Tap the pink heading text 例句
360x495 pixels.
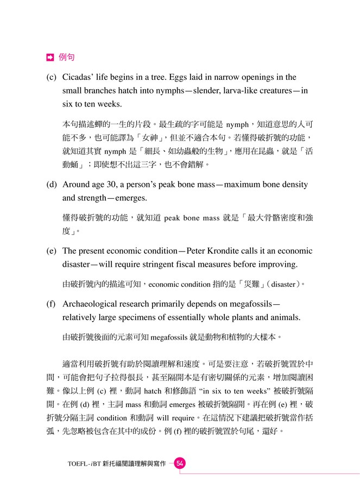[66, 56]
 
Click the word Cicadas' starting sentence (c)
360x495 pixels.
[80, 77]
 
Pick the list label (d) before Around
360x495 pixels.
[53, 185]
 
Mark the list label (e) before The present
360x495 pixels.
[53, 251]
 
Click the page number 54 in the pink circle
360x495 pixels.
[180, 463]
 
